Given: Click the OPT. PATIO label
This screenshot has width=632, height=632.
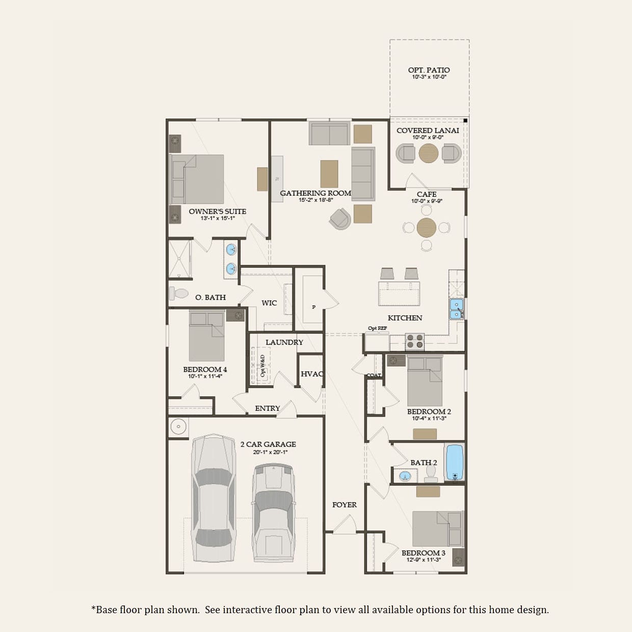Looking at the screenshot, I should click(429, 70).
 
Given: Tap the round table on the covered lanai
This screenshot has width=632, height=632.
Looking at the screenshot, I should click(429, 153).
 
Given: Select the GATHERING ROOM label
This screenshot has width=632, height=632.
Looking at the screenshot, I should click(315, 193).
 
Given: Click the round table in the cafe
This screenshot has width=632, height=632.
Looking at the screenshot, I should click(427, 227).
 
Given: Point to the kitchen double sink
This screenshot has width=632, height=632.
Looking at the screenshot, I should click(456, 309).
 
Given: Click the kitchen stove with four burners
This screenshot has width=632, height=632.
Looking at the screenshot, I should click(415, 341).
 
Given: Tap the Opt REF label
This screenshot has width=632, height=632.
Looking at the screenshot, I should click(377, 328).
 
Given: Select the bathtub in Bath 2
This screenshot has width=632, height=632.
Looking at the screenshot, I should click(454, 462).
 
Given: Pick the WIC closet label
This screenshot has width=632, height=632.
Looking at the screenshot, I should click(269, 303).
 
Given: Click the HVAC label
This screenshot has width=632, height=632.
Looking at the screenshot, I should click(311, 374).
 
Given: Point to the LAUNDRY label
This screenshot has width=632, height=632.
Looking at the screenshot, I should click(284, 342).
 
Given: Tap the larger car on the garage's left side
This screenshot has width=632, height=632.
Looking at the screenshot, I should click(214, 497).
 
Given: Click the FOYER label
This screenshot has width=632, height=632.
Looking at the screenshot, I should click(345, 505).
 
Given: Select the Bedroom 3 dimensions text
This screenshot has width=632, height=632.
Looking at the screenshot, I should click(423, 560).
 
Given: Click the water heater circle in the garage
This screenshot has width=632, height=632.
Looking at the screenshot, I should click(178, 427).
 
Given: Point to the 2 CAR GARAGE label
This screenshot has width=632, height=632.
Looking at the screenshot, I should click(268, 444).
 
